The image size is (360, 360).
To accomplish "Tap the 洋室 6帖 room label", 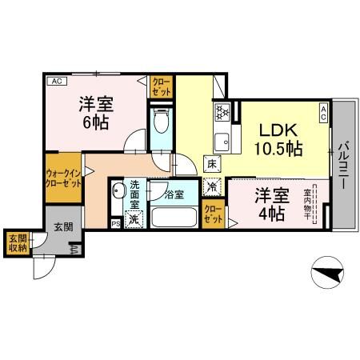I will click(94, 113).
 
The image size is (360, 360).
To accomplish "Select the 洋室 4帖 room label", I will click(270, 204).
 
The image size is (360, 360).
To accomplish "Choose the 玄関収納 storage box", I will click(18, 242).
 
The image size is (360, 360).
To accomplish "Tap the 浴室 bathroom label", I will click(174, 194).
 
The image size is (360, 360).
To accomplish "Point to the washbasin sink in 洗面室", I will click(118, 190).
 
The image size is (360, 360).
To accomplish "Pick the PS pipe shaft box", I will click(116, 224).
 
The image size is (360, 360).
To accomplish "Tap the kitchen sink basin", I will click(223, 143).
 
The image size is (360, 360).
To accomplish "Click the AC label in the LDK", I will click(323, 111).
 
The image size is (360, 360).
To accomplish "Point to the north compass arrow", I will click(327, 277).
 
